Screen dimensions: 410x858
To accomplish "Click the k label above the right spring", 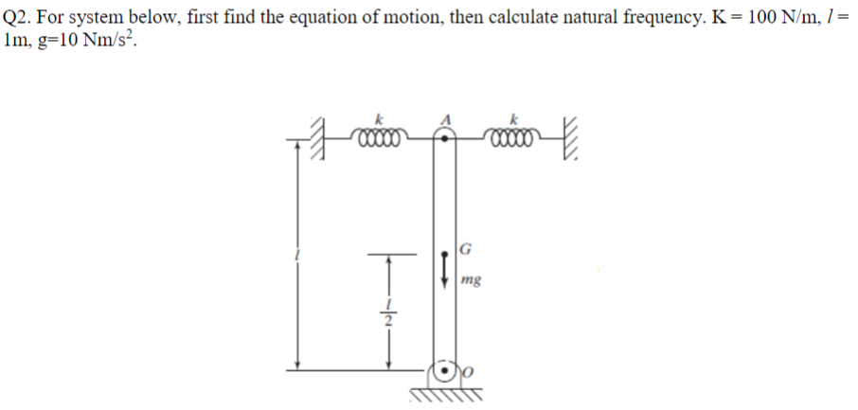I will tap(513, 119).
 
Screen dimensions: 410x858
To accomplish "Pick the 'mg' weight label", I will tap(471, 280).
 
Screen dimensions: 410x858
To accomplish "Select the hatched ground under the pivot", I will tap(445, 392).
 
